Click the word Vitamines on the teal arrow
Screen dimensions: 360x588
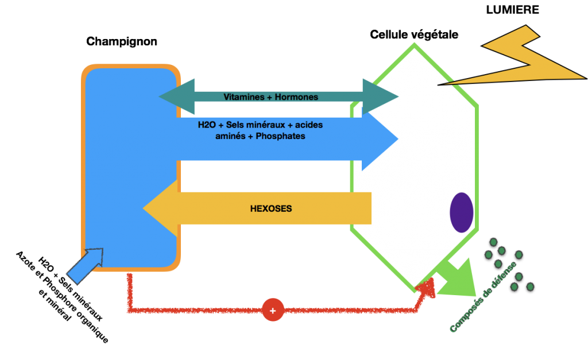[x=244, y=97]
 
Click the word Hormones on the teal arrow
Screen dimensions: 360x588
[x=296, y=97]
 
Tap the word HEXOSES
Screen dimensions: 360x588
[x=271, y=209]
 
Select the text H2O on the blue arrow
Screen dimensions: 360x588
[x=208, y=125]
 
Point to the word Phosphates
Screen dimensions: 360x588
[x=281, y=137]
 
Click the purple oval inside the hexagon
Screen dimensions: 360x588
[x=461, y=212]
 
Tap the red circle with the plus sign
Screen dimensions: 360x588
[x=273, y=311]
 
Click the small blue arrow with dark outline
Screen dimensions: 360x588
[x=85, y=265]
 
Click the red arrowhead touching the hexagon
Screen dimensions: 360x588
[x=428, y=285]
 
